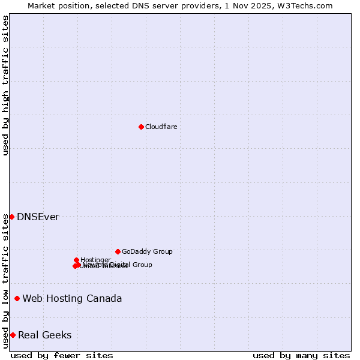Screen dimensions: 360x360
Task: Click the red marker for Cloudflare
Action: (x=141, y=127)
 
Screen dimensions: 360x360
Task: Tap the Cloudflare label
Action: (x=161, y=127)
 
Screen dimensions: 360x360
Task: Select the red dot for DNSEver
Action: (x=11, y=217)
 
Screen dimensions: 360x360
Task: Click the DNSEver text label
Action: (x=38, y=217)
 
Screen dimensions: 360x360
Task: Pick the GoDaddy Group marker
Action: (x=118, y=251)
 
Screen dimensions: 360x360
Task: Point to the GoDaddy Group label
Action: (x=147, y=252)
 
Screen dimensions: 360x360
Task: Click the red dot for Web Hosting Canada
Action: (x=17, y=298)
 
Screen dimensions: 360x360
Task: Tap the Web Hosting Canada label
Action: (x=72, y=299)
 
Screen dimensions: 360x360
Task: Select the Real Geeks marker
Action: (x=13, y=335)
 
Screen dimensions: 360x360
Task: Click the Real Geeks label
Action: (x=44, y=335)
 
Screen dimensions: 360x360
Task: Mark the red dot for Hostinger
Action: (x=76, y=260)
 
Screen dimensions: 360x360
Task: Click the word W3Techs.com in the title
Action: (x=312, y=5)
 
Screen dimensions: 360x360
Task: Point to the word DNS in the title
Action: (x=154, y=5)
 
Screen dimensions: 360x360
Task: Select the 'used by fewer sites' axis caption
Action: (x=62, y=355)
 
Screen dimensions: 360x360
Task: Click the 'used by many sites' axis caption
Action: (x=301, y=355)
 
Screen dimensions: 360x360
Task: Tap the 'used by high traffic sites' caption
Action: (x=5, y=85)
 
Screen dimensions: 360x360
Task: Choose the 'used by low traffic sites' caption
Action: (x=5, y=281)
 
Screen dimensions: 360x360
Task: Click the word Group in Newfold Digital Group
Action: (x=142, y=265)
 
